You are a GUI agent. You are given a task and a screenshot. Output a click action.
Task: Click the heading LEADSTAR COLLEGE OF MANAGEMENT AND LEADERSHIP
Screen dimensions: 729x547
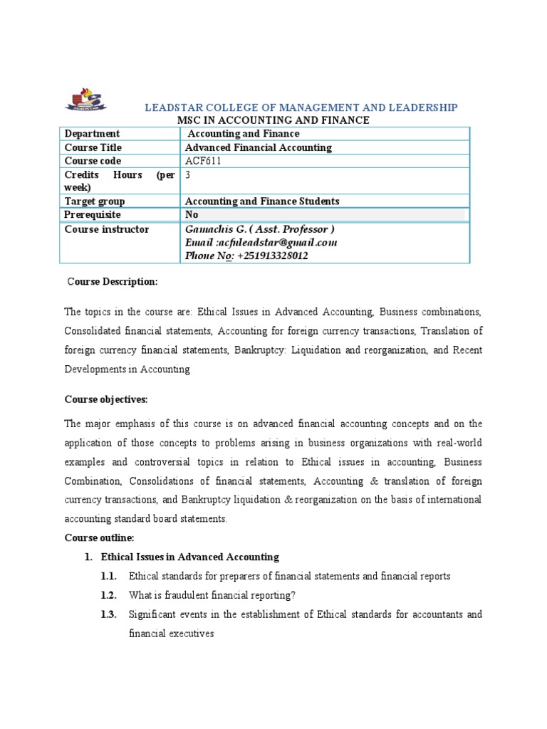(x=301, y=107)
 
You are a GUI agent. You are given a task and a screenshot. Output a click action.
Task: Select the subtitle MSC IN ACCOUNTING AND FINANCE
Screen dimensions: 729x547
(x=273, y=120)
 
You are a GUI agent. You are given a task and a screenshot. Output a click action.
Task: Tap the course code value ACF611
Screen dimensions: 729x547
(x=203, y=161)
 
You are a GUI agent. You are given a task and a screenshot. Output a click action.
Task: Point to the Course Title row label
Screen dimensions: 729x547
(x=93, y=147)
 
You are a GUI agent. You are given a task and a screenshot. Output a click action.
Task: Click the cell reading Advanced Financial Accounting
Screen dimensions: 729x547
(x=259, y=147)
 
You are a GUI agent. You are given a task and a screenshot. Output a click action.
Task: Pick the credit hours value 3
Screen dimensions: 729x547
(x=188, y=174)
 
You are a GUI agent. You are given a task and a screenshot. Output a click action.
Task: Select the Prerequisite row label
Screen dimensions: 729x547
(x=93, y=214)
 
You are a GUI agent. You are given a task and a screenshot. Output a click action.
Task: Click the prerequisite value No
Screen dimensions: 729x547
(x=192, y=214)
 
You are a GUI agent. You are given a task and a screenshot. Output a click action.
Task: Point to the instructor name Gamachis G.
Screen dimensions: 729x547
(x=214, y=229)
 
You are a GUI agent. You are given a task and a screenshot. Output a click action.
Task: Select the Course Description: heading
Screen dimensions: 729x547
(x=112, y=282)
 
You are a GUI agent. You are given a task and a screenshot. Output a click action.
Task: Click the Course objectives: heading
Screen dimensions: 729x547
(x=106, y=399)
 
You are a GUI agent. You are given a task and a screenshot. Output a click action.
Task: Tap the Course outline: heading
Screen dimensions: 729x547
(x=99, y=537)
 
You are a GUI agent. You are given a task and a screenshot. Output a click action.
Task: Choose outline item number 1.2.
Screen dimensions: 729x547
(x=108, y=595)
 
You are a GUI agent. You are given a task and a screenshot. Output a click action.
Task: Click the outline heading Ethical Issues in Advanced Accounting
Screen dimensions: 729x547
(x=190, y=557)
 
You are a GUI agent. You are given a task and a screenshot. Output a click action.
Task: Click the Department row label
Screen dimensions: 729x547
(x=93, y=134)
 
